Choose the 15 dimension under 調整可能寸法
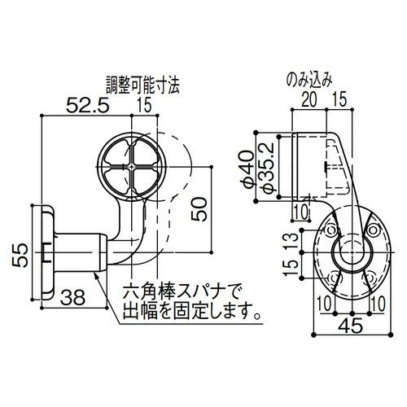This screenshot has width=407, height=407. coord(145,105)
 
